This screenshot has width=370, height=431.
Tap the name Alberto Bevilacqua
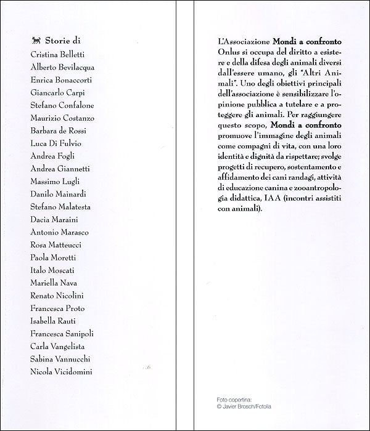point(62,67)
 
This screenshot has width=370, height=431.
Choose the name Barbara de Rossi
point(59,131)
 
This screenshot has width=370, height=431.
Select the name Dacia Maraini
point(54,219)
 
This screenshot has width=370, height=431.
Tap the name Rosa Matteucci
point(57,244)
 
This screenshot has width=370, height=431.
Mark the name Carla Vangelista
point(58,347)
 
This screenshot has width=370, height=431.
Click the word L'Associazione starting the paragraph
point(242,41)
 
